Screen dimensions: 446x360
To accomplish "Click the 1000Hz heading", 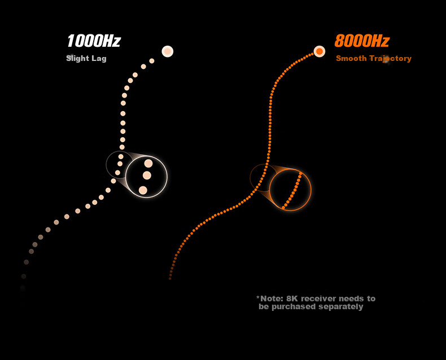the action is point(94,41).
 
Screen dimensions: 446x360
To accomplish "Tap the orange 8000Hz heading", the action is point(362,41).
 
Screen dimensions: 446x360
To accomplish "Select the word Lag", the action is point(99,59).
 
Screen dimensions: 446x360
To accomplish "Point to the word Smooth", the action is point(351,58).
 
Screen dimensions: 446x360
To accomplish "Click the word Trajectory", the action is point(391,59).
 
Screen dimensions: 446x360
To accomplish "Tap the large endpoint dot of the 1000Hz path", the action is point(168,51).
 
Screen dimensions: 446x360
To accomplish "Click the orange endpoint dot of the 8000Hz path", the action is point(320,51).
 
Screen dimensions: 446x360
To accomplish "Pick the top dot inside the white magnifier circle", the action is point(148,163).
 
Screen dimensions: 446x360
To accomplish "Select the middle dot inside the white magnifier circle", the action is point(147,175).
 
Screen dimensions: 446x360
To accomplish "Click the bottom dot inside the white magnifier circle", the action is point(143,190).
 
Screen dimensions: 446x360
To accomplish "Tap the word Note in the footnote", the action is point(272,298).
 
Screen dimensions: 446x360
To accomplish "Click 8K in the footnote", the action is point(292,298).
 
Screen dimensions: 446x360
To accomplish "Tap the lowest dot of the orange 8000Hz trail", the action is point(170,278).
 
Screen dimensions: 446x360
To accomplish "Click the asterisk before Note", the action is point(258,297).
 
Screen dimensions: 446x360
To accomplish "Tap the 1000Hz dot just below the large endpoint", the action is point(152,61).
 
